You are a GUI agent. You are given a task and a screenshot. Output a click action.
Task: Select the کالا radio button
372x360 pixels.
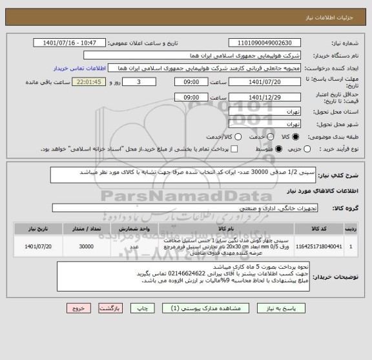pyautogui.click(x=295, y=137)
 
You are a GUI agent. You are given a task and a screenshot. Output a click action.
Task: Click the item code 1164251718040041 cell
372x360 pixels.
pyautogui.click(x=323, y=246)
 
